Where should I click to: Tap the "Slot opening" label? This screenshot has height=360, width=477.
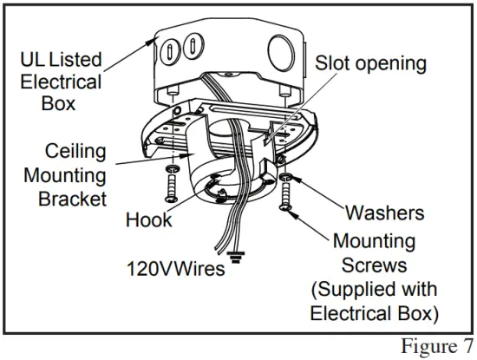coord(370,63)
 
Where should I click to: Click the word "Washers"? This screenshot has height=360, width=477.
coord(384,213)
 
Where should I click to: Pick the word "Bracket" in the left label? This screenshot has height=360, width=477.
coord(72,199)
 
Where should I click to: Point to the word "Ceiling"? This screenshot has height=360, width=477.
coord(75,151)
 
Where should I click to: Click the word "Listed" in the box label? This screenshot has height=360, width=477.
coord(75,61)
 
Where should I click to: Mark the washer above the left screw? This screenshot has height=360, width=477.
coord(172,166)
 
